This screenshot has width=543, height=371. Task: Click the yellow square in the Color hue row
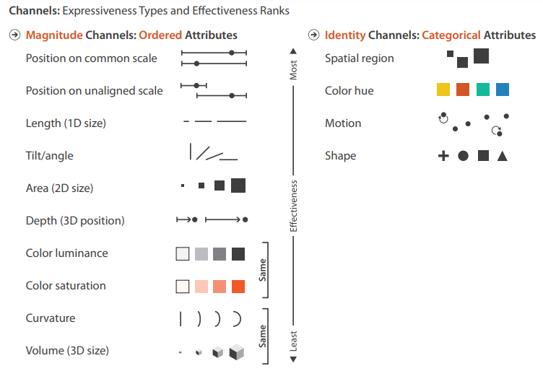tap(443, 90)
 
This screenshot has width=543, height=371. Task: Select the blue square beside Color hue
tap(503, 90)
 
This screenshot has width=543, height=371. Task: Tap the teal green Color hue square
tap(483, 90)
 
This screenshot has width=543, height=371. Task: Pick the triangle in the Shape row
tap(503, 155)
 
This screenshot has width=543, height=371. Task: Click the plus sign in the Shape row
tap(443, 155)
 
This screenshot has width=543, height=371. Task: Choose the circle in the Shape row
tap(464, 155)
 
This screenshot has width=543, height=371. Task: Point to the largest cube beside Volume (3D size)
tap(237, 352)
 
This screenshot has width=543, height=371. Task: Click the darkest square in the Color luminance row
tap(238, 253)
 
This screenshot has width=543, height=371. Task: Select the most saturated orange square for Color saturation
tap(238, 287)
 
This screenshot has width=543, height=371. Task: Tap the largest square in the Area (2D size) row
tap(238, 185)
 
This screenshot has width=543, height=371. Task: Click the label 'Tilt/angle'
tap(49, 156)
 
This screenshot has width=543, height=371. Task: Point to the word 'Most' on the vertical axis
tap(293, 70)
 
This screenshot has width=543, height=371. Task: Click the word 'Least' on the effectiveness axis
tap(293, 341)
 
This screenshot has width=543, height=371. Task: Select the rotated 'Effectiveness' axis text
tap(293, 206)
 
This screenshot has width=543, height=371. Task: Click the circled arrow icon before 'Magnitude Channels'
tap(15, 35)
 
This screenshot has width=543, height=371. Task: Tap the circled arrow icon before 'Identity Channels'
tap(314, 35)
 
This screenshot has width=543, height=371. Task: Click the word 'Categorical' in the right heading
tap(451, 35)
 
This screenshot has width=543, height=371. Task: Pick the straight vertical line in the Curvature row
tap(181, 318)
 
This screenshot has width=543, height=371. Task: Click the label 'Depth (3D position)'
tap(75, 221)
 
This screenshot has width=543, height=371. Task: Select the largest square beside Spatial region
tap(481, 56)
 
